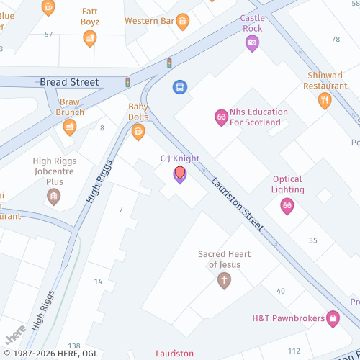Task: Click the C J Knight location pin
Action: point(179,174)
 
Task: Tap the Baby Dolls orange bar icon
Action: point(138,131)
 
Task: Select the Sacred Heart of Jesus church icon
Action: point(224,279)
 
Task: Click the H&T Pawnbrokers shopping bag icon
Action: point(333,317)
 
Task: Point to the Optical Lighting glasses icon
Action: point(287,206)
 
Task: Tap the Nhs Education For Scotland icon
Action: point(221,117)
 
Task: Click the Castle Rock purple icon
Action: point(252,43)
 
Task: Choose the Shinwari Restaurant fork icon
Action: point(324,101)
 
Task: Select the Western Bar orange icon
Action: point(182,21)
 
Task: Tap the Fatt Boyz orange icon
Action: point(90,38)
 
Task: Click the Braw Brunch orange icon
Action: point(70,127)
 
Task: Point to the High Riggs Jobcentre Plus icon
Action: point(53,196)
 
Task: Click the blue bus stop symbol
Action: point(179,87)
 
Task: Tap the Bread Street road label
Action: point(69,82)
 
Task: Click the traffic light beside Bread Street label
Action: point(127,82)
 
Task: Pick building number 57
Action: point(48,34)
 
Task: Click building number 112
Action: point(294,350)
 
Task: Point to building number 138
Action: point(73,346)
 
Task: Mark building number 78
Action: point(336,39)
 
